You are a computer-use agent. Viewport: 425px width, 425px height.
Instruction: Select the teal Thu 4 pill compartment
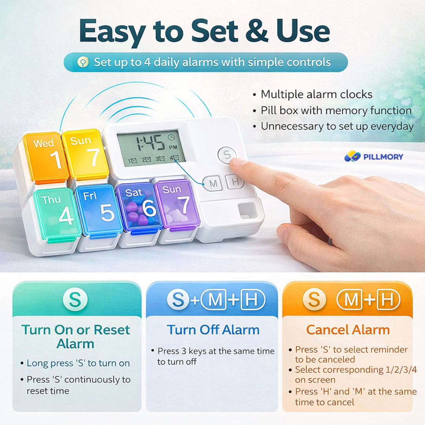pyautogui.click(x=57, y=213)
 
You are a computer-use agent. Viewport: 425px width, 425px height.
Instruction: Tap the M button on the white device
pyautogui.click(x=213, y=183)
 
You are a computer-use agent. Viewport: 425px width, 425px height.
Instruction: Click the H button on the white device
pyautogui.click(x=235, y=181)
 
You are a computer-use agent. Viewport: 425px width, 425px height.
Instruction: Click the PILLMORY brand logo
pyautogui.click(x=373, y=157)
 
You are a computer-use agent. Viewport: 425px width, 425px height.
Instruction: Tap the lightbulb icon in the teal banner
pyautogui.click(x=83, y=62)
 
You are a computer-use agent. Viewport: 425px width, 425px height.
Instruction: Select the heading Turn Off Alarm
pyautogui.click(x=213, y=330)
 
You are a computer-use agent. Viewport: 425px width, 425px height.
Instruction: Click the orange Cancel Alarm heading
pyautogui.click(x=348, y=330)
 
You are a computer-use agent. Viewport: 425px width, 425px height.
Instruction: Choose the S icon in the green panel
pyautogui.click(x=75, y=299)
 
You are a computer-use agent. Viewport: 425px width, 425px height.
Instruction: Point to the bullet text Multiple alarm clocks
pyautogui.click(x=316, y=94)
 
